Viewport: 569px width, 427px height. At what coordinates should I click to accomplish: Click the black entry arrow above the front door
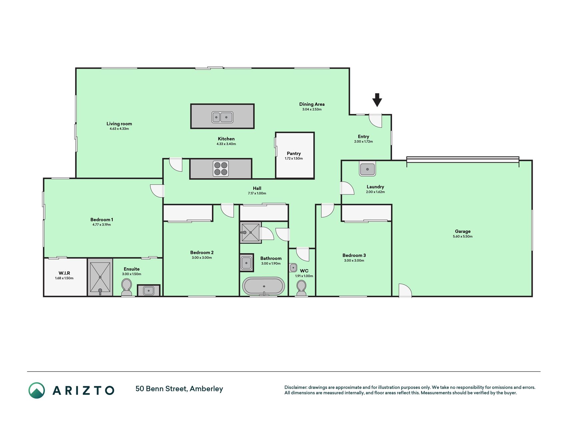[377, 100]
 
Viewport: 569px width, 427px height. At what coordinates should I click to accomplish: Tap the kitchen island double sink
[222, 117]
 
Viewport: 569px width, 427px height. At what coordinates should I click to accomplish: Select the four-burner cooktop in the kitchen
[221, 168]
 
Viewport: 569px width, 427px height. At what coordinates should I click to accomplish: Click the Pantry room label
[294, 153]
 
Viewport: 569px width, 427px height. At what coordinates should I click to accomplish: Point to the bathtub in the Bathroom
[264, 286]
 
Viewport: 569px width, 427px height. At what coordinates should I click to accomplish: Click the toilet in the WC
[301, 288]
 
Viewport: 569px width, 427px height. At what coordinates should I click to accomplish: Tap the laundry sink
[367, 169]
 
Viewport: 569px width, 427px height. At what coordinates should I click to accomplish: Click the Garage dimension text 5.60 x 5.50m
[463, 237]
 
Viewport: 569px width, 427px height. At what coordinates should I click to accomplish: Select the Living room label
[119, 124]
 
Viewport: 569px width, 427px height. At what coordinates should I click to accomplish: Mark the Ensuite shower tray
[100, 277]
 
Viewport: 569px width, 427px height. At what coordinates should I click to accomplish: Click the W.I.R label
[64, 273]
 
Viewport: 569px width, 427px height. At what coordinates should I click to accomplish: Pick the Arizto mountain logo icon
[37, 390]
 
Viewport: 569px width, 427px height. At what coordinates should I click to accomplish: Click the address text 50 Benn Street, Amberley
[179, 389]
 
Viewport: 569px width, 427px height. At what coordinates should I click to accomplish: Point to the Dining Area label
[312, 104]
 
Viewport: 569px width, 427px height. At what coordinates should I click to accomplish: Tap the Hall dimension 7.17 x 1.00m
[257, 193]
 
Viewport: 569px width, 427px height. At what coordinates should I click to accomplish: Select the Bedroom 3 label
[354, 256]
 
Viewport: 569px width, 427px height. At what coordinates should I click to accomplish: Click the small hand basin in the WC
[293, 268]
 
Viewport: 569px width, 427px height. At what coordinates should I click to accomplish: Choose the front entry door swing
[375, 121]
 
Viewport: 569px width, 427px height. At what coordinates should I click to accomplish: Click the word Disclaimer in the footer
[296, 387]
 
